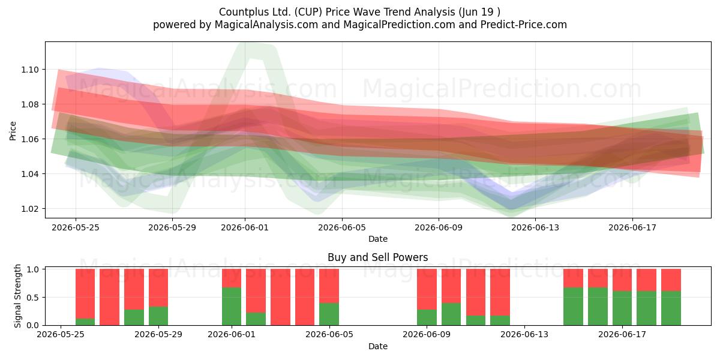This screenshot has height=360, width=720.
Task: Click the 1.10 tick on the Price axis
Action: (29, 70)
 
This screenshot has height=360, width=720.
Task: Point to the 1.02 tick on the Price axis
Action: (29, 209)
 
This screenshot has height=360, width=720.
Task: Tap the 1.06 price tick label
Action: (29, 139)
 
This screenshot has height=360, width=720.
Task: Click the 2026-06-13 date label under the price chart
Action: (535, 227)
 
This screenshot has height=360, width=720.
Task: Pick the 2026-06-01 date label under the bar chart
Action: (232, 334)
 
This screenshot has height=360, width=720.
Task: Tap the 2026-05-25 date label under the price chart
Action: (76, 227)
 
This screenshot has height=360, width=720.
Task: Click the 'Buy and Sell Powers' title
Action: (377, 257)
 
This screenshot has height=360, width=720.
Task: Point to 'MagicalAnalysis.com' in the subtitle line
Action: (266, 25)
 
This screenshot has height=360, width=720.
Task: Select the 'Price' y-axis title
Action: (13, 131)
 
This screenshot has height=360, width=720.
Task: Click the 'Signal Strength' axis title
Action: (17, 296)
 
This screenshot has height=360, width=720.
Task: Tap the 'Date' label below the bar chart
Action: (377, 346)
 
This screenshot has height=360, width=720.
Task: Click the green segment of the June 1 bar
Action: (232, 307)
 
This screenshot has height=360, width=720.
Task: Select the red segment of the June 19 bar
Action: (671, 280)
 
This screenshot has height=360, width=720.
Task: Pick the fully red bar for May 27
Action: (109, 297)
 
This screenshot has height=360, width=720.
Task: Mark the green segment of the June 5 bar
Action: (329, 314)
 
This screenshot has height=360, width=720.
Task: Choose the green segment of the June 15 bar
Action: (573, 307)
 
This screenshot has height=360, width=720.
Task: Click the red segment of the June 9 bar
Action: (427, 289)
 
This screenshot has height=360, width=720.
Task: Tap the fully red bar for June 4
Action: (305, 297)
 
